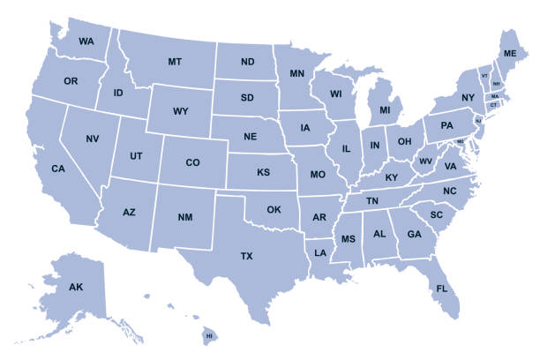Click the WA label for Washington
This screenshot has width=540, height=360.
tap(86, 41)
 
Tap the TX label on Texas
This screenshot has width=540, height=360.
tap(247, 256)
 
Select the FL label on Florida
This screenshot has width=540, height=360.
tap(442, 289)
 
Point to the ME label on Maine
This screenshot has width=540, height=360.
tap(510, 54)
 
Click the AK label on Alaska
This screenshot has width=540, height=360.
tap(76, 287)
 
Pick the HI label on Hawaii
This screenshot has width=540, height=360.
tap(210, 336)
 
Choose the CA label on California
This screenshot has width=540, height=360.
tap(58, 169)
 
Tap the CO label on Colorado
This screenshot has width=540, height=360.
tap(192, 162)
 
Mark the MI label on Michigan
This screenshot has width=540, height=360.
tap(385, 110)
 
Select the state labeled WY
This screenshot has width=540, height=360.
tap(180, 111)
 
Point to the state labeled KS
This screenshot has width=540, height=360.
tap(263, 172)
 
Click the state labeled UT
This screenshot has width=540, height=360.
tap(136, 156)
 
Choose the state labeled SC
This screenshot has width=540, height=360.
tap(436, 214)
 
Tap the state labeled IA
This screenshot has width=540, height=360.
tap(305, 128)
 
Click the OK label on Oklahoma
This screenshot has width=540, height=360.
tap(274, 210)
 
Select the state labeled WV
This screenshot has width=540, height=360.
tap(425, 161)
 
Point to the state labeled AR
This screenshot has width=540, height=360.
tap(319, 217)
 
